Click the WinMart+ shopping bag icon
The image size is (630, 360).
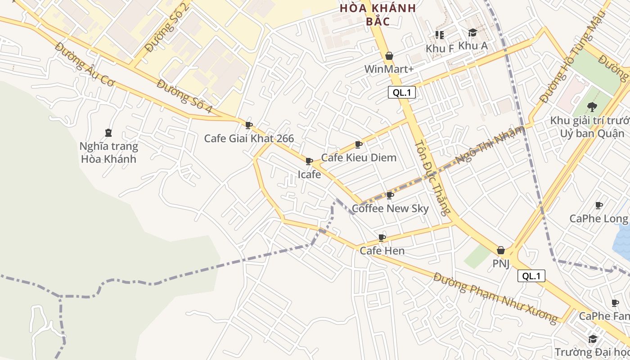(389, 56)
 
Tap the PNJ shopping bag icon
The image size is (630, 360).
(501, 251)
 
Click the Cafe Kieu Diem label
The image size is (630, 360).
(359, 157)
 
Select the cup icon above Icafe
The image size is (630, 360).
(309, 161)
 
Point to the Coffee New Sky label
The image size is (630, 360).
(390, 208)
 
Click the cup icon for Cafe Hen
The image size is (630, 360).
(382, 238)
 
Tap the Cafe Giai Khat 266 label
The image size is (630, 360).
(249, 138)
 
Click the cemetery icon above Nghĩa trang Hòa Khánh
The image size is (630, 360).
(108, 133)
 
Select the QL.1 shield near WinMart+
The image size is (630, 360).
(401, 93)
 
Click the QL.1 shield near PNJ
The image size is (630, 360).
(531, 276)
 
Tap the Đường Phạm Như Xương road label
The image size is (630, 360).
(495, 297)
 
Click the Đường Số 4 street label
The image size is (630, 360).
(184, 96)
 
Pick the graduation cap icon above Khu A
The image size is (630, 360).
(472, 33)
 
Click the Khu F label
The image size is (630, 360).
(440, 48)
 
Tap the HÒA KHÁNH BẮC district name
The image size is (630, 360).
(378, 14)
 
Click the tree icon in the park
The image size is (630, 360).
(592, 107)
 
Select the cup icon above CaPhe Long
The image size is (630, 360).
(599, 206)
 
